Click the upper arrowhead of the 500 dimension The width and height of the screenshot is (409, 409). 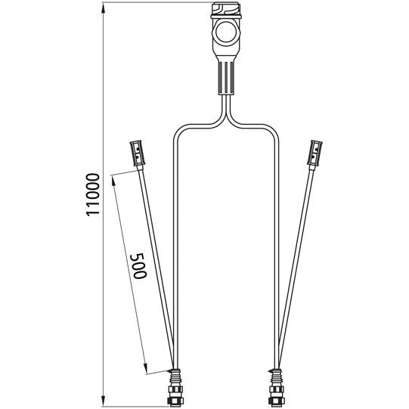pos(113,179)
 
